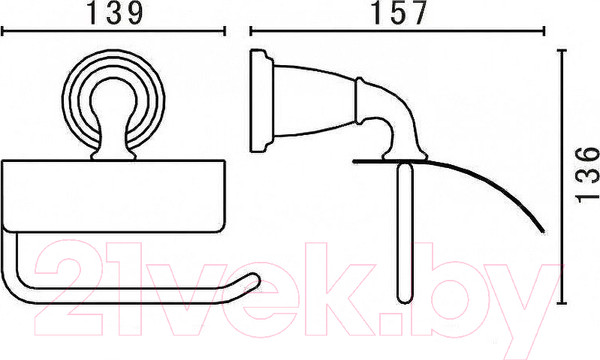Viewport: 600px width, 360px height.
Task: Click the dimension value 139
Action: (115, 13)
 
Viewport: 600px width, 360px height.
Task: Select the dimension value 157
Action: (399, 13)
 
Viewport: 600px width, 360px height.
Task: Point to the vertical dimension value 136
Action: (587, 174)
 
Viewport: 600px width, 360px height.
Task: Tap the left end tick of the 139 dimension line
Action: (2, 31)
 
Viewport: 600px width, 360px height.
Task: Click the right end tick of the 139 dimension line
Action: (224, 31)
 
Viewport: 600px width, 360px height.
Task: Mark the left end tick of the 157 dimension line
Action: (251, 31)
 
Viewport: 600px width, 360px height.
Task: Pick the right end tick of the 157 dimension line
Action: (544, 31)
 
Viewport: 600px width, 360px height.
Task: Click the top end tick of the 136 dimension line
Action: (562, 50)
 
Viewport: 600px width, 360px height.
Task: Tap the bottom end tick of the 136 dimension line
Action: (562, 303)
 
